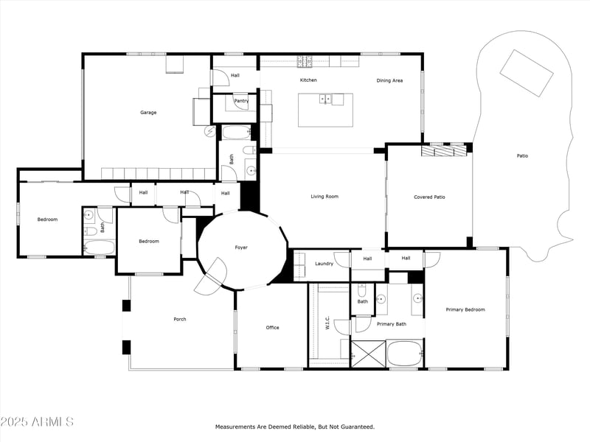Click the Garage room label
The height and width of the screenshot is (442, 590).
point(148,113)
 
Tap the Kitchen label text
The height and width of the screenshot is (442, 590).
point(308,80)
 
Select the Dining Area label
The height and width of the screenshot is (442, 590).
point(389,80)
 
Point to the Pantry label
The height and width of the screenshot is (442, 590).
point(240,101)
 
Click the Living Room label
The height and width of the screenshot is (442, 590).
point(324,197)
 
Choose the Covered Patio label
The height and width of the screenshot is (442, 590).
point(429,197)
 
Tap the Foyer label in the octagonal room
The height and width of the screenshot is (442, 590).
point(241,248)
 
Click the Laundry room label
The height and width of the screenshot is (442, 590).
point(324,264)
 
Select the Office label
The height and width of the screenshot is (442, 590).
point(272,328)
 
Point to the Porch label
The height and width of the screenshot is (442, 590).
point(180,319)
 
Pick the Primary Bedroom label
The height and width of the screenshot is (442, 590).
point(466,310)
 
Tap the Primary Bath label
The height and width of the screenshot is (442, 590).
point(391,324)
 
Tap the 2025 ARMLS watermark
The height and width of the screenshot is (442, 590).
point(37,422)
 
